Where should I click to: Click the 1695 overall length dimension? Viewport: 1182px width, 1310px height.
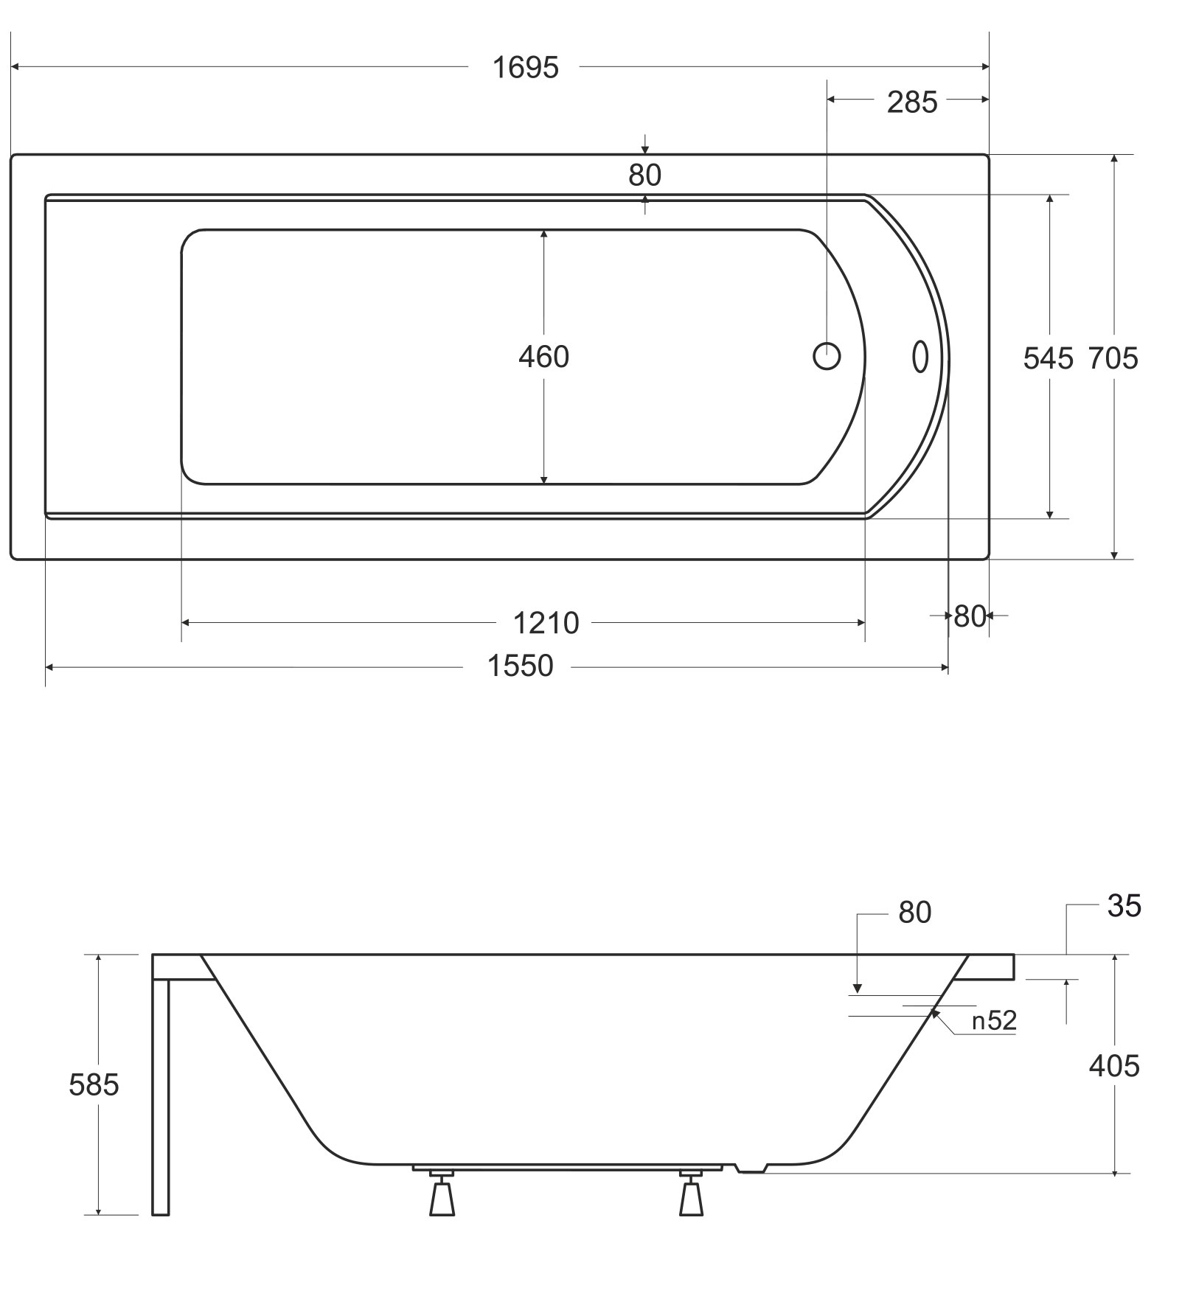click(525, 68)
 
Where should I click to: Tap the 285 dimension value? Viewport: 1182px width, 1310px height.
click(912, 102)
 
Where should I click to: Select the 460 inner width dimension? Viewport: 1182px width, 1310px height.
click(543, 357)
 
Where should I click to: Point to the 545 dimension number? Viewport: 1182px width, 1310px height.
click(1048, 358)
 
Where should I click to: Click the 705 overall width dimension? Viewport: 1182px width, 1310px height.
click(1113, 358)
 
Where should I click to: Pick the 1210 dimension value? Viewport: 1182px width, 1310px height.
click(546, 624)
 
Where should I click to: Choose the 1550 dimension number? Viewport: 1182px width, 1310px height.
click(520, 666)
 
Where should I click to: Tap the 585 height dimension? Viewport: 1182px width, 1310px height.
click(94, 1085)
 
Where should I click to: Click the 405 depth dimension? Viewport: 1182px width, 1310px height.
click(1114, 1066)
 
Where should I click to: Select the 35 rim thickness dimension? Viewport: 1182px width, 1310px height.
click(1124, 905)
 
